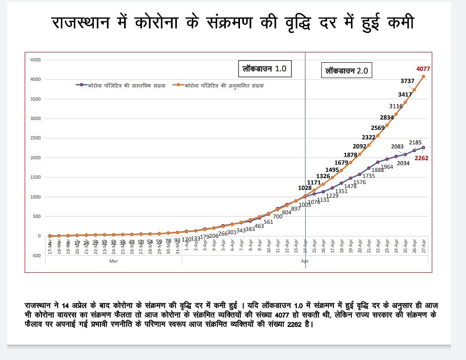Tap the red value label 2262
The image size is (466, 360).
421,158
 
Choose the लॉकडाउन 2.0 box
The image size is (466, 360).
347,71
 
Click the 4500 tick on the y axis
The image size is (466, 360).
35,60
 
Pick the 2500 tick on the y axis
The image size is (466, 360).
35,138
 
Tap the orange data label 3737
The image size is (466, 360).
408,81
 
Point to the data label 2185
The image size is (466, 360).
415,143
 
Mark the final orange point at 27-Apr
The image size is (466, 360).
423,77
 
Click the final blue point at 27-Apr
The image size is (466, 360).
423,148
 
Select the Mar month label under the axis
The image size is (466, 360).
113,261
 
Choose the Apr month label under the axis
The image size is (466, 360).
305,261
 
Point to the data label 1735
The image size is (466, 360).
369,176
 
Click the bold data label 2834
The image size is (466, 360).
387,117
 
